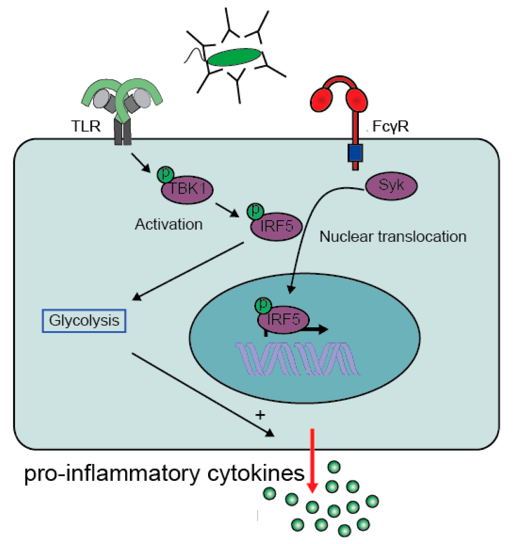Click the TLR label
86,126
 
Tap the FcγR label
390,126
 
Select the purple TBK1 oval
188,190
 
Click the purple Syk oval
391,186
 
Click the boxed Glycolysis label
84,321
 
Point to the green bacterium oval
234,57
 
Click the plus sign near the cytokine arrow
260,414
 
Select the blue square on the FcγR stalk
355,153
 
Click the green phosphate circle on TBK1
166,174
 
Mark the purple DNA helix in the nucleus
297,359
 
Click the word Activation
169,225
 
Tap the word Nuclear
346,237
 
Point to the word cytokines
256,473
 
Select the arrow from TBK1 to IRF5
227,210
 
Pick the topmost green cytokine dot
334,467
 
